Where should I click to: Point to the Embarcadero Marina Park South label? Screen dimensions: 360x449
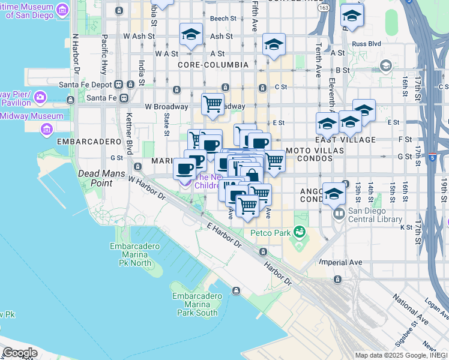(195, 304)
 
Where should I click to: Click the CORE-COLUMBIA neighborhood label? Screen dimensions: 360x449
(213, 64)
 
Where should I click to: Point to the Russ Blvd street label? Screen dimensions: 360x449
(367, 44)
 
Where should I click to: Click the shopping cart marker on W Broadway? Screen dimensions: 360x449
(212, 104)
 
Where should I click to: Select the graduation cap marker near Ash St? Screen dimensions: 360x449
(191, 34)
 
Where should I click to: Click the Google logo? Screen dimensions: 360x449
(20, 353)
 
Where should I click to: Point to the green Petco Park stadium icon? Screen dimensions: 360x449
(300, 232)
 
